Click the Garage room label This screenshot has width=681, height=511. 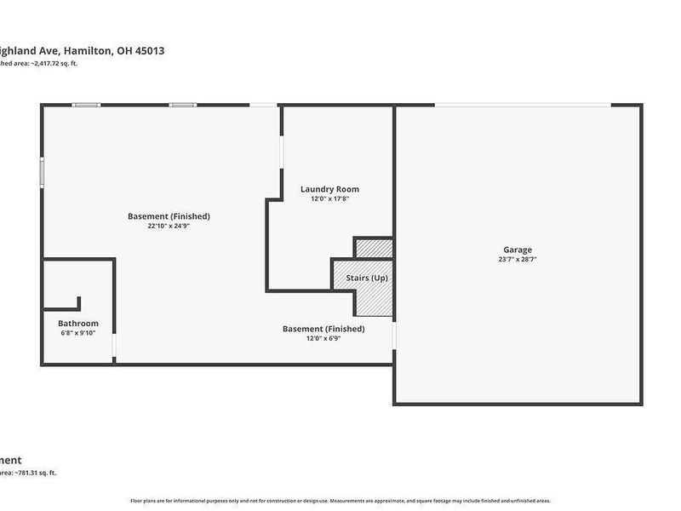point(517,250)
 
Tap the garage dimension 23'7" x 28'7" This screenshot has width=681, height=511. point(517,260)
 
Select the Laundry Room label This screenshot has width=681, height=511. point(329,189)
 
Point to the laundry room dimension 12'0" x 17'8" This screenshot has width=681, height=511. point(329,198)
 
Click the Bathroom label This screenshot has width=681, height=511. point(78,324)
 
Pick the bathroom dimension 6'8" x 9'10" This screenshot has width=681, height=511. point(78,333)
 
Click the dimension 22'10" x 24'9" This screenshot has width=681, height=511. point(169,227)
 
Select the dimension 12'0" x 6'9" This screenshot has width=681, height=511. point(323,338)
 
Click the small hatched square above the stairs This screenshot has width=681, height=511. point(373,249)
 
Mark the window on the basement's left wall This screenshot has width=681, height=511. point(41,170)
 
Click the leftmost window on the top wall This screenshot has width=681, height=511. point(86,105)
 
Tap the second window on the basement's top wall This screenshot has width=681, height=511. point(182,105)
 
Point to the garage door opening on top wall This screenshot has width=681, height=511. point(522,105)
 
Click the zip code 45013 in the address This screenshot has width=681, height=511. point(148,50)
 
